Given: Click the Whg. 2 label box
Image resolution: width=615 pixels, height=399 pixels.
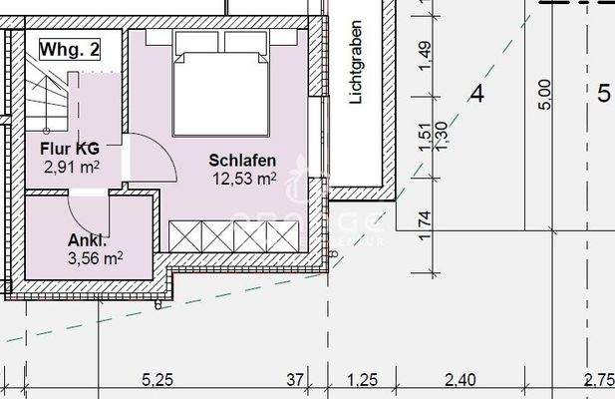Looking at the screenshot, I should pos(69,47).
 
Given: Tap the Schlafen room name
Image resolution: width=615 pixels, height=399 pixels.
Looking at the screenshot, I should pos(241,161).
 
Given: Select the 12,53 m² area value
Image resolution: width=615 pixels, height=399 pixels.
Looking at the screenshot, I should pos(243,179).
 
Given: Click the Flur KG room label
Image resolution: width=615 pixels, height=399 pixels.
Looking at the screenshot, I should pos(70,151).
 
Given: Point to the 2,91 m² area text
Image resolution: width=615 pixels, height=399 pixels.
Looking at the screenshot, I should pos(71,168).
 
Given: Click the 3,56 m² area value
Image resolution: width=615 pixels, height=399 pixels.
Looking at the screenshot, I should pos(96,257).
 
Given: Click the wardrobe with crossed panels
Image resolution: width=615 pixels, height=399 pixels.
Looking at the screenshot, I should pos(235,237).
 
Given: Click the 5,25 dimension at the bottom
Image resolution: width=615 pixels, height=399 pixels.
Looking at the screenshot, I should pos(158,379).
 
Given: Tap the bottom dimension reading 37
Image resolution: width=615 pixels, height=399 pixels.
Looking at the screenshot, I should pos(295,379).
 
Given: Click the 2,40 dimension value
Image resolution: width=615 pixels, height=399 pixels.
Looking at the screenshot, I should pos(460,379).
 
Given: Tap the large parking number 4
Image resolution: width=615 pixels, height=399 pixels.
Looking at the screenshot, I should pos(476,95).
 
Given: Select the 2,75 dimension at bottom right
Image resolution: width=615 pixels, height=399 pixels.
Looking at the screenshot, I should pos(601,379).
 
